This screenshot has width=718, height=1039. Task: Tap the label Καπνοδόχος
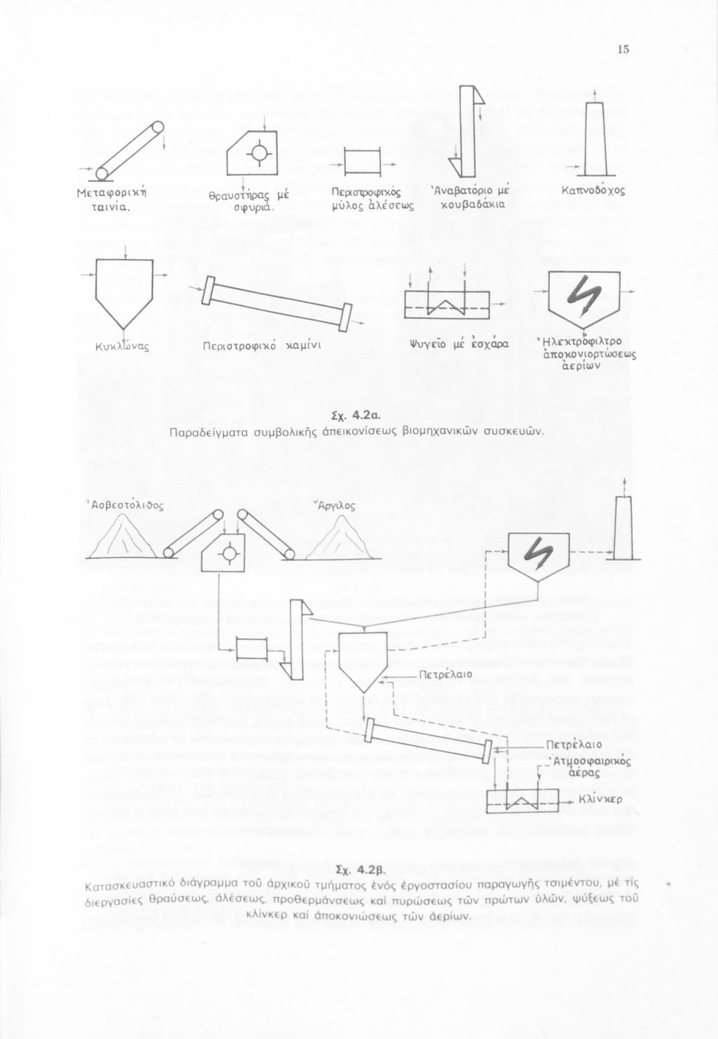593,190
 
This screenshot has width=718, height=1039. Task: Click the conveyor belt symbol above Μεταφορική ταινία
130,150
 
